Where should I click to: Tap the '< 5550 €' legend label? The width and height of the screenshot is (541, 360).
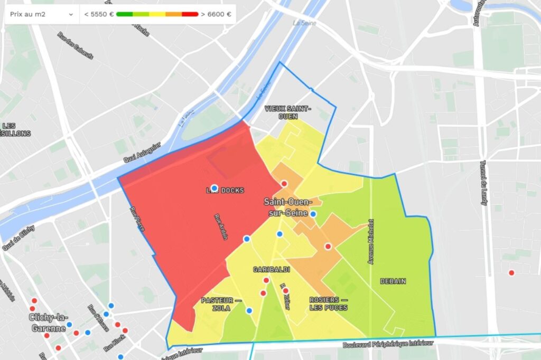[x=99, y=14]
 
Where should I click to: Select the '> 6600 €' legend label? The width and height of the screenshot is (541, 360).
[x=216, y=14]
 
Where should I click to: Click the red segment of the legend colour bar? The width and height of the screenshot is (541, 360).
[x=190, y=14]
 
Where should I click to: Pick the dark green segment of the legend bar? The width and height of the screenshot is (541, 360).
[x=124, y=14]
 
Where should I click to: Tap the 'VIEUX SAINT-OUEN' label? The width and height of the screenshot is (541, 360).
[x=288, y=112]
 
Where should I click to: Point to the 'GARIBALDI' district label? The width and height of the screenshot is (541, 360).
[x=271, y=270]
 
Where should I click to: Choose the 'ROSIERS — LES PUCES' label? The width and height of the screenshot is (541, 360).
[x=328, y=304]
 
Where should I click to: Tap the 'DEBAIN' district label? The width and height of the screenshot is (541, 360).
[x=393, y=281]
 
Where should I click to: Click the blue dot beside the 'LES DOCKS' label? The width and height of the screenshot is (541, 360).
[x=214, y=188]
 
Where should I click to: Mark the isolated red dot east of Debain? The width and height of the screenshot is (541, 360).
[x=511, y=273]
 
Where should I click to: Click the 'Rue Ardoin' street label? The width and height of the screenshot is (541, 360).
[x=221, y=227]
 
